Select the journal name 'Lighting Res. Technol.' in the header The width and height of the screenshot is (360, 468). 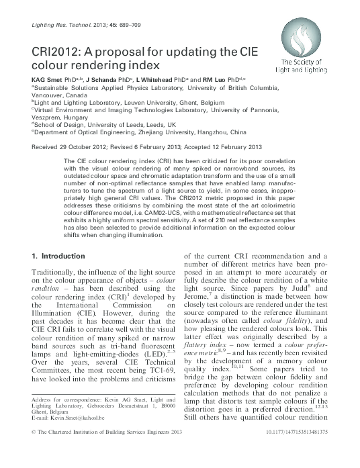54,25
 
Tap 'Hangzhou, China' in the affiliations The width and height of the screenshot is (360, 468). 232,133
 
